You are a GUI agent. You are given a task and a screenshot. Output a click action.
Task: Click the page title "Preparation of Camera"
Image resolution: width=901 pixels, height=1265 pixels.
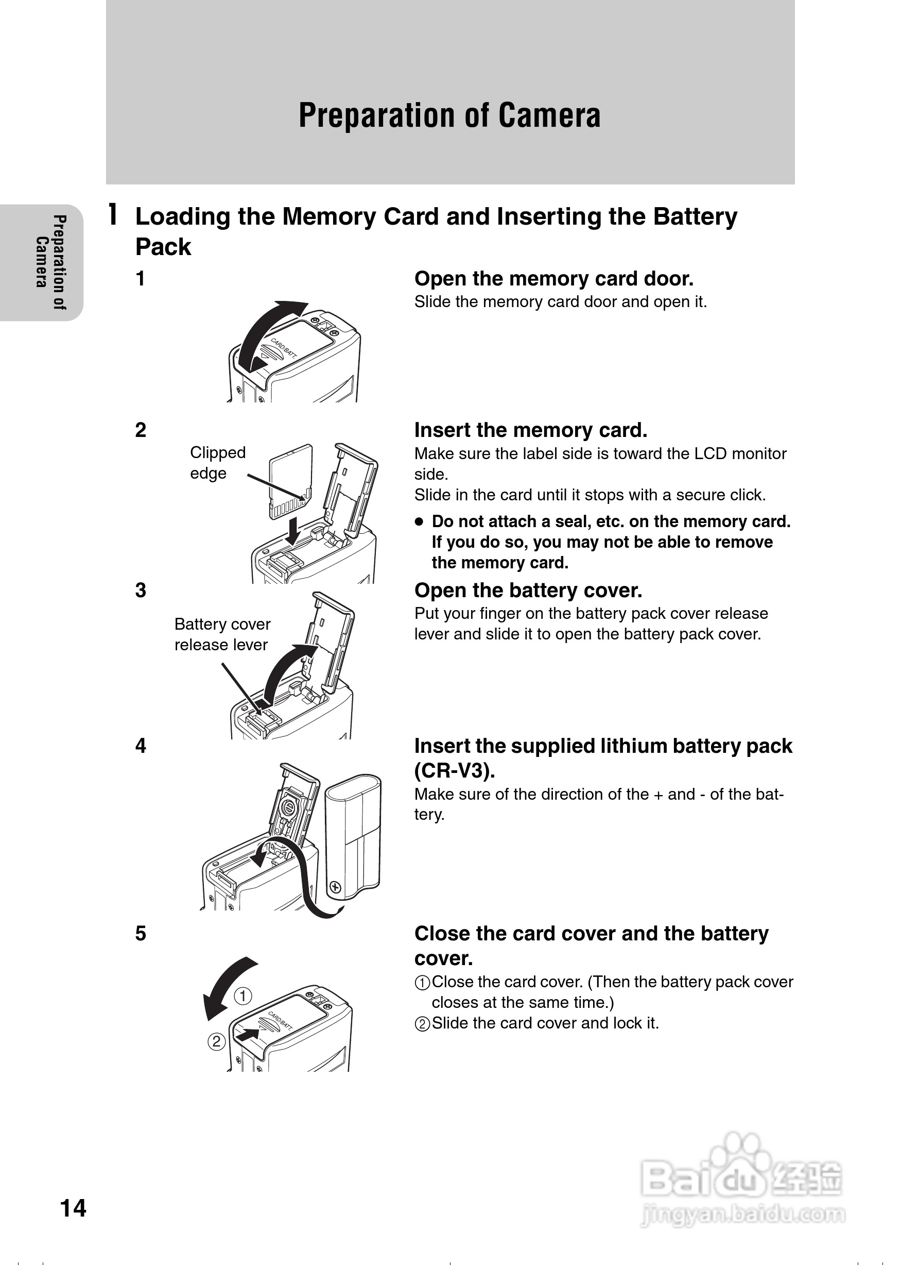click(x=449, y=115)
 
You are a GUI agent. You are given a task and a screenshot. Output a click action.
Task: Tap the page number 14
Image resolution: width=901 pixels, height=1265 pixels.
click(x=73, y=1208)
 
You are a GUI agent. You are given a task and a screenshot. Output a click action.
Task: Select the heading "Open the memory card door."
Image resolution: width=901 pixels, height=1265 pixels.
click(x=553, y=279)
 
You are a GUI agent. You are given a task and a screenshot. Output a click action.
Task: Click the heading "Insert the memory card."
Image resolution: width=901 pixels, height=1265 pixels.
click(x=531, y=430)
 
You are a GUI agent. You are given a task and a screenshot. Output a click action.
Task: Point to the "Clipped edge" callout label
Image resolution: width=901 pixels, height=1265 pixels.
click(x=217, y=463)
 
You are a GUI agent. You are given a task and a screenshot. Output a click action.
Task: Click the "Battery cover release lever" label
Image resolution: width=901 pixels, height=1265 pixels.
click(x=222, y=634)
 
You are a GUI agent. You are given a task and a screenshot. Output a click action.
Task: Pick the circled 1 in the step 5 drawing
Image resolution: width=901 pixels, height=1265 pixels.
click(x=242, y=996)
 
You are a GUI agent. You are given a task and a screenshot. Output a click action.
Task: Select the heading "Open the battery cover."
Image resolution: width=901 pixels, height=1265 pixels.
click(x=528, y=591)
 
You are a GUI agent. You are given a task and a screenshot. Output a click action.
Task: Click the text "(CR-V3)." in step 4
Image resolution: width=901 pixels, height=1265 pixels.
click(x=455, y=770)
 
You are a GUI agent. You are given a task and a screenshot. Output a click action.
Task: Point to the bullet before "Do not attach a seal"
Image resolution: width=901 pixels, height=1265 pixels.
click(x=420, y=522)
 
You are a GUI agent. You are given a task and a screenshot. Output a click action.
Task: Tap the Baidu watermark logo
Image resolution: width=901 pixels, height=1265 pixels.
click(x=741, y=1183)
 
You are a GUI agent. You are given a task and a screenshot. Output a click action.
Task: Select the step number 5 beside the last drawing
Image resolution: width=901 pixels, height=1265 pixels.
click(x=141, y=934)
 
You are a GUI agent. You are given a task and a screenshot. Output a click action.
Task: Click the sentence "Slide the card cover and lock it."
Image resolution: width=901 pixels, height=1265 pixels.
click(x=545, y=1023)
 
